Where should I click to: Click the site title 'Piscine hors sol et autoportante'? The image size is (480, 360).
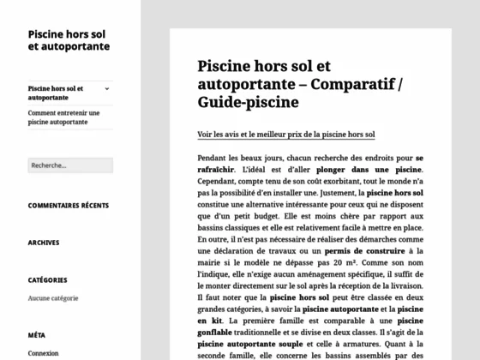pyautogui.click(x=68, y=39)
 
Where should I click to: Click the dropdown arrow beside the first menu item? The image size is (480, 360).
pyautogui.click(x=106, y=88)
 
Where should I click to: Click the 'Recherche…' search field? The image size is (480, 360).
pyautogui.click(x=69, y=165)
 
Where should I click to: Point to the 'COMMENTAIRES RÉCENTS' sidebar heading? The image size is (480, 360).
pyautogui.click(x=69, y=206)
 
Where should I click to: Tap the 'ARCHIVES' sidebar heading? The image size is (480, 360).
pyautogui.click(x=43, y=243)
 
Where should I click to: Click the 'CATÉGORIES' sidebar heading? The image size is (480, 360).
pyautogui.click(x=47, y=279)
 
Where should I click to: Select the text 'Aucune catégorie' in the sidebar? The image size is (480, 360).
pyautogui.click(x=52, y=298)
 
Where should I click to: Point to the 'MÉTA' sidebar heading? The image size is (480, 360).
pyautogui.click(x=36, y=335)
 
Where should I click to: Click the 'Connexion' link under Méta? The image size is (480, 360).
pyautogui.click(x=43, y=353)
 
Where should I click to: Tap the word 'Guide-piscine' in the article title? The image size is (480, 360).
pyautogui.click(x=249, y=103)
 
